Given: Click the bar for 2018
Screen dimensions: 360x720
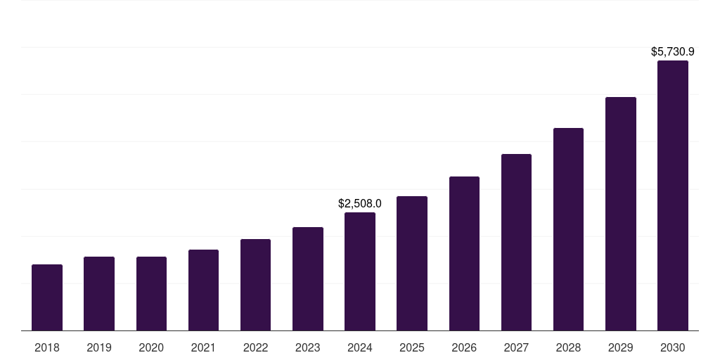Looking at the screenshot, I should [47, 297].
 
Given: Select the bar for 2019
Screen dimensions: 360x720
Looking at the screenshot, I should [99, 293].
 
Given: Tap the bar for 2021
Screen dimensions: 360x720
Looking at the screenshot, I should [203, 290].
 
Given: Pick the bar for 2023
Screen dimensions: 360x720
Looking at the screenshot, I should [308, 278].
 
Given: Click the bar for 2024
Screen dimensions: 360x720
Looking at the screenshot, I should [360, 271].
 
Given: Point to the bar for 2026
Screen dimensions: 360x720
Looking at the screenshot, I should [464, 253].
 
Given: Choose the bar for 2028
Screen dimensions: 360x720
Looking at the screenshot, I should [568, 229].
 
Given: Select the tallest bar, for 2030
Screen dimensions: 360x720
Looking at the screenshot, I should [673, 195].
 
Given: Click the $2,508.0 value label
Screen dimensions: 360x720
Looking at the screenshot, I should [360, 203].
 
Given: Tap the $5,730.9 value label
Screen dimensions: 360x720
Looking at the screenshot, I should [673, 51].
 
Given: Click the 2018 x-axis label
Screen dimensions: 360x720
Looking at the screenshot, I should [47, 347].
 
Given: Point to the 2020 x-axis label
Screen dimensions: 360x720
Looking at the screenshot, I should [151, 347].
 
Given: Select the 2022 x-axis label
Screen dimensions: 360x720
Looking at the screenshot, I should [255, 347].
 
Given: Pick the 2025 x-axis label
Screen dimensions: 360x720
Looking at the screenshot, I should [412, 347].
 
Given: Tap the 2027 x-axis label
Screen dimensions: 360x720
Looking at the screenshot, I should [516, 347].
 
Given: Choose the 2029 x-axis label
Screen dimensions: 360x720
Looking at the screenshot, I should [621, 347].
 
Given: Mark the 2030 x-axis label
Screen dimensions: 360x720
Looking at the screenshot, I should [673, 347].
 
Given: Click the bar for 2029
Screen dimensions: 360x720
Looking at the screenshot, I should [621, 214].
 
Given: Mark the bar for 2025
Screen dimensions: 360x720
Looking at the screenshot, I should [412, 263].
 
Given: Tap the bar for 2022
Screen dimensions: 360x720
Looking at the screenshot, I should [255, 285].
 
